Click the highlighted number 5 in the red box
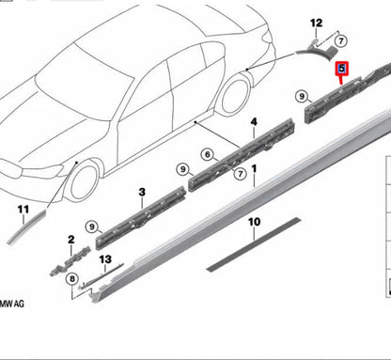tap(343, 69)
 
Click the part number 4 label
tap(252, 122)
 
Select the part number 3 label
tap(141, 192)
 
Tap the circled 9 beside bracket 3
tap(92, 226)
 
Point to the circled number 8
tap(70, 279)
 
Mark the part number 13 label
tap(105, 258)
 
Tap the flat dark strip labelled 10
tap(254, 242)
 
